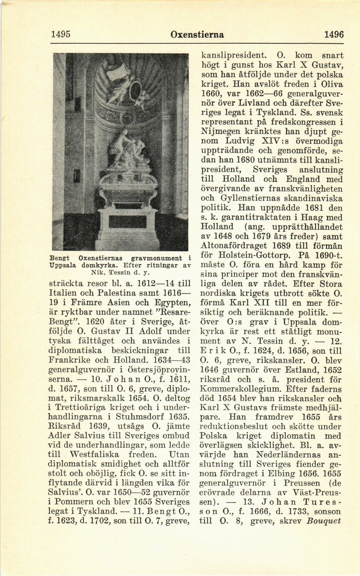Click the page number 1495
click(x=60, y=34)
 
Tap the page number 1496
click(x=334, y=34)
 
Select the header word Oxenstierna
click(x=197, y=34)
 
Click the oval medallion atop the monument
click(x=135, y=92)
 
